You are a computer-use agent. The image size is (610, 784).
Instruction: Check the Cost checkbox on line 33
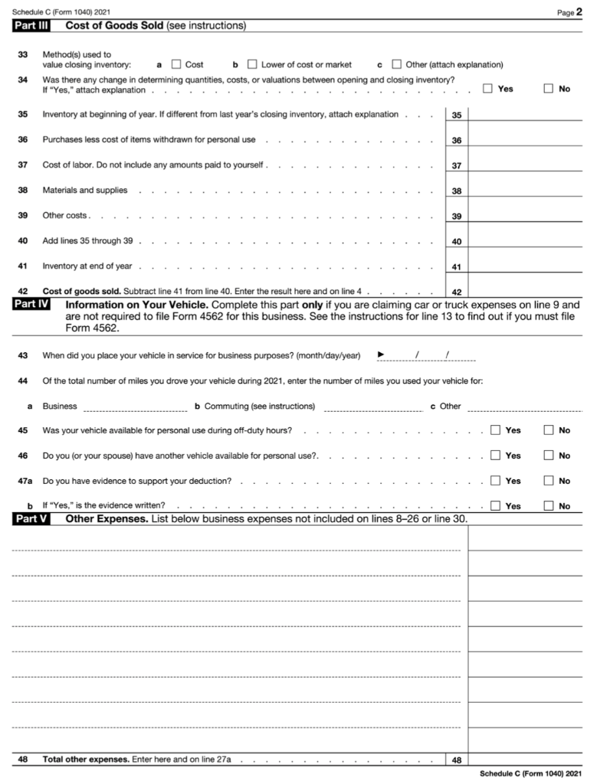[176, 64]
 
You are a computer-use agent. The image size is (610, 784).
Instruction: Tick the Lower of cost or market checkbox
[252, 64]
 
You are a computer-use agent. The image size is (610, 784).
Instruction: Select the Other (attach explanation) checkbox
[396, 64]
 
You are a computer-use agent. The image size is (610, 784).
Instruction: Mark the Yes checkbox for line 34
[487, 88]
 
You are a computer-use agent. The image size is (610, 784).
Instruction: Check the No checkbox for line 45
[549, 430]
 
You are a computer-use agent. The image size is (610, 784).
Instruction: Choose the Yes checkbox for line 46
[495, 456]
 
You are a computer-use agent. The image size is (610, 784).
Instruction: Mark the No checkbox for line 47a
[549, 481]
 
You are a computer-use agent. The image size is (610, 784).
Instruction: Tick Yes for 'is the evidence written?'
[495, 505]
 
